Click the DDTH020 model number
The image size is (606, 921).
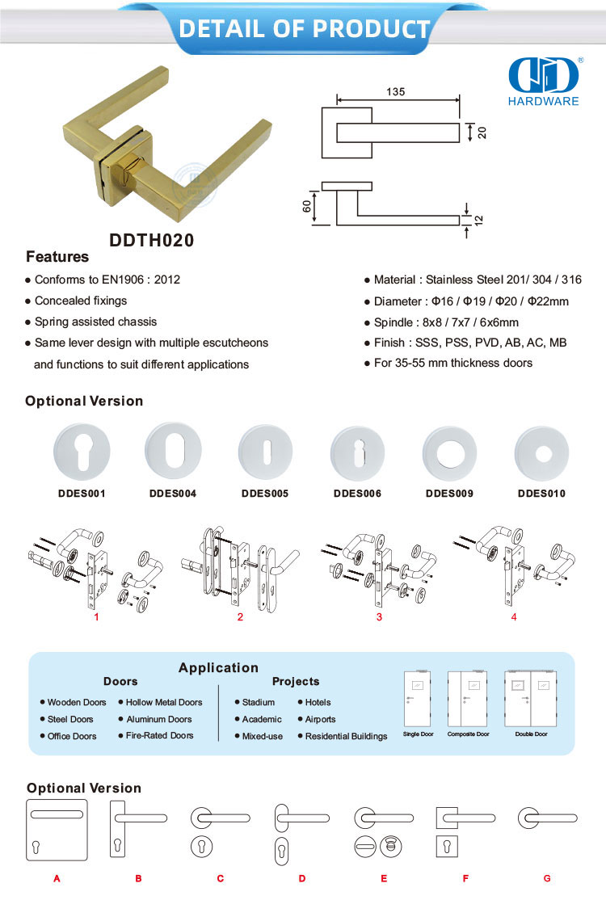(151, 240)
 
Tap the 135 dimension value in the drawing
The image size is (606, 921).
(395, 92)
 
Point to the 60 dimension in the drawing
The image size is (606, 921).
(307, 207)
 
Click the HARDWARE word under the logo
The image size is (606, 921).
(544, 102)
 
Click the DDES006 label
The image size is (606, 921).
(357, 493)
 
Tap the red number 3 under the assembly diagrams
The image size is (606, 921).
(379, 617)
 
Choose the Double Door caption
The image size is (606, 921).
(532, 734)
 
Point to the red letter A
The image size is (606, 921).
(57, 878)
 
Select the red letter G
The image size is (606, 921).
(547, 878)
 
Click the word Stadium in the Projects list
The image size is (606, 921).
(259, 703)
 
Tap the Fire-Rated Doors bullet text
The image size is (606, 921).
(160, 736)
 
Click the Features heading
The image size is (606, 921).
(57, 258)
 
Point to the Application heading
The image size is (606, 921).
(218, 668)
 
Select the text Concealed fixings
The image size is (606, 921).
(81, 301)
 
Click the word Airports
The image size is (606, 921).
(321, 719)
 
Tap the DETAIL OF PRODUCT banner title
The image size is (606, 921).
(304, 29)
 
